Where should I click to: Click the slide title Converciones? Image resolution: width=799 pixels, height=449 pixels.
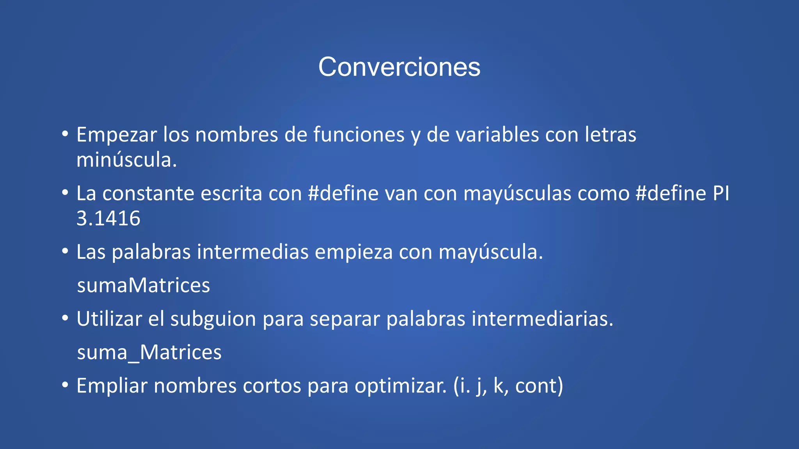[399, 67]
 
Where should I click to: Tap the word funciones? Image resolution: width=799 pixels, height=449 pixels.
[359, 135]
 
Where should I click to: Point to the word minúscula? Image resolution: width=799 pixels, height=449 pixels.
[126, 160]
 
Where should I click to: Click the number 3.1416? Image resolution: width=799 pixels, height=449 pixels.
[108, 218]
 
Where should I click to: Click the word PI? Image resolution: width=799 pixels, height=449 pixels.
[721, 193]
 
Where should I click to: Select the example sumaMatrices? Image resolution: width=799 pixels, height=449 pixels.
[144, 285]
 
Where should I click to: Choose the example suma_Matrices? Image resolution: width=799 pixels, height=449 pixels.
[149, 352]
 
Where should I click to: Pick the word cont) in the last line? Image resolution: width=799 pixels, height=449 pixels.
[539, 386]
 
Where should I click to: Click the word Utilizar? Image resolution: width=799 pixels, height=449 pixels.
[109, 319]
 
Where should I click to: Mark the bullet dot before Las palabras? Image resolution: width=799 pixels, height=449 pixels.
[65, 251]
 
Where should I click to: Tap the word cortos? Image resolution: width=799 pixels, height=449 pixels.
[272, 386]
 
